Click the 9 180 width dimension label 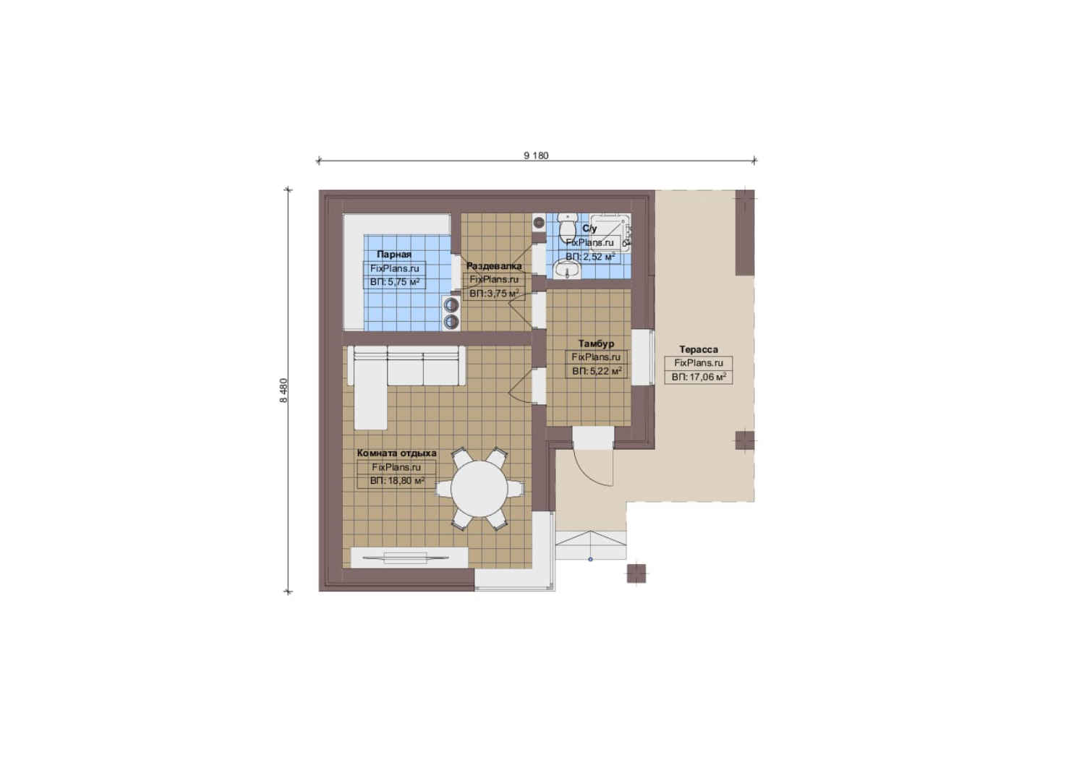coord(536,155)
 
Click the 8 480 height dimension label coord(283,390)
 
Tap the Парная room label coord(394,254)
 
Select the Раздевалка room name coord(493,266)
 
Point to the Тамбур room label coord(596,343)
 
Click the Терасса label coord(698,349)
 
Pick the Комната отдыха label coord(396,453)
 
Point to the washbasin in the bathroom coord(566,270)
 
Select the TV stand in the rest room coord(409,558)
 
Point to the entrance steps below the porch coord(591,545)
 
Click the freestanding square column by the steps coord(636,573)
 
